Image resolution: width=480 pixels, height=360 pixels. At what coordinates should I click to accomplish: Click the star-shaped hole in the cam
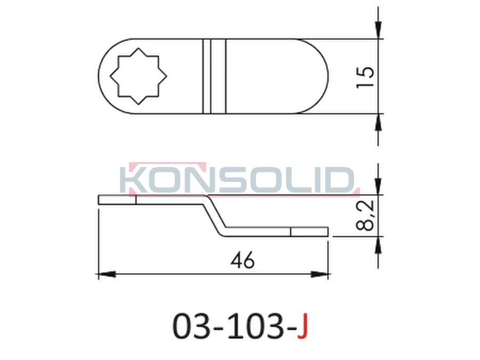click(x=138, y=76)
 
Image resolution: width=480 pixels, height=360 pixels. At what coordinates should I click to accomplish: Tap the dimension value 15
click(x=365, y=76)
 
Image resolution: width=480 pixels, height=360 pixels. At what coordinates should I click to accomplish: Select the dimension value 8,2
click(x=365, y=215)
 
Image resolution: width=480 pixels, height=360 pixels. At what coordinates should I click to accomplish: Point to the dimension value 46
click(x=243, y=261)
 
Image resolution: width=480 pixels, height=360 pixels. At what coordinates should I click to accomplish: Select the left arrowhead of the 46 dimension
click(x=107, y=274)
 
